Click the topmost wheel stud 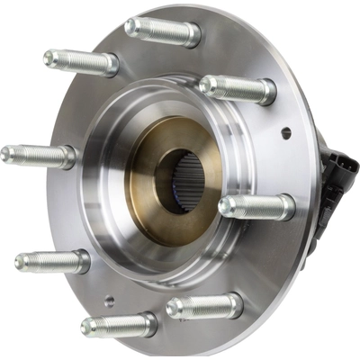point(162,31)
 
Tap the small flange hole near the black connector point(286,133)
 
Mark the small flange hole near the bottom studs point(109,301)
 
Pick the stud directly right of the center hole point(256,207)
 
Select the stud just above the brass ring point(237,88)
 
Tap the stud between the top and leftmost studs point(81,62)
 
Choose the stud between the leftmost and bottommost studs point(52,262)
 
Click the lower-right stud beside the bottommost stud point(204,306)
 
